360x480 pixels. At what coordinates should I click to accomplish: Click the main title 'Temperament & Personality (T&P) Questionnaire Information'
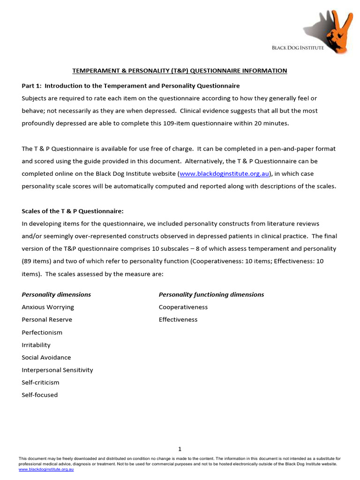click(x=180, y=71)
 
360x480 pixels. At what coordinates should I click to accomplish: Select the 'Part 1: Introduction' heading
click(x=131, y=86)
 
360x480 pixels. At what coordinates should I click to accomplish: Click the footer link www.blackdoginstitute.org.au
click(x=46, y=469)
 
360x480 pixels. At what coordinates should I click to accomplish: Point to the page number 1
click(x=180, y=449)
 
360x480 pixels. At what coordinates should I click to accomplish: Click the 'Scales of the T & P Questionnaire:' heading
click(x=73, y=211)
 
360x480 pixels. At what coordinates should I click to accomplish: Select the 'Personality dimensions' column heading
click(x=56, y=295)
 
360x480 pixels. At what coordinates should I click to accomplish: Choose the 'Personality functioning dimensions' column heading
click(x=211, y=295)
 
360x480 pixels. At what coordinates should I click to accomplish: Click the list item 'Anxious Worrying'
click(x=48, y=307)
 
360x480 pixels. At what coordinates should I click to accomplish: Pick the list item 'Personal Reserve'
click(x=47, y=320)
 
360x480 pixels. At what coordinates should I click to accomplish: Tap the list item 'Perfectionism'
click(x=42, y=332)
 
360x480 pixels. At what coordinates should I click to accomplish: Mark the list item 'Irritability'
click(x=36, y=345)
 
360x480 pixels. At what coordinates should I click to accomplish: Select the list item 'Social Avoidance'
click(x=46, y=358)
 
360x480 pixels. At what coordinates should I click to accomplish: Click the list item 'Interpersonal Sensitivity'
click(x=57, y=370)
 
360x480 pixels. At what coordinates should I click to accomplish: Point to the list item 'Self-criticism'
click(x=40, y=382)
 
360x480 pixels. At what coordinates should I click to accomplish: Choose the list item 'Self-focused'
click(x=40, y=395)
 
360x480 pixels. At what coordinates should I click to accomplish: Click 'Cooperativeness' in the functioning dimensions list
click(x=183, y=307)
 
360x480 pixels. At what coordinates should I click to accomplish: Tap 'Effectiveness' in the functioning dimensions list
click(x=178, y=320)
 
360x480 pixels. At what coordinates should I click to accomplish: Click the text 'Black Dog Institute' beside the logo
click(x=298, y=48)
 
